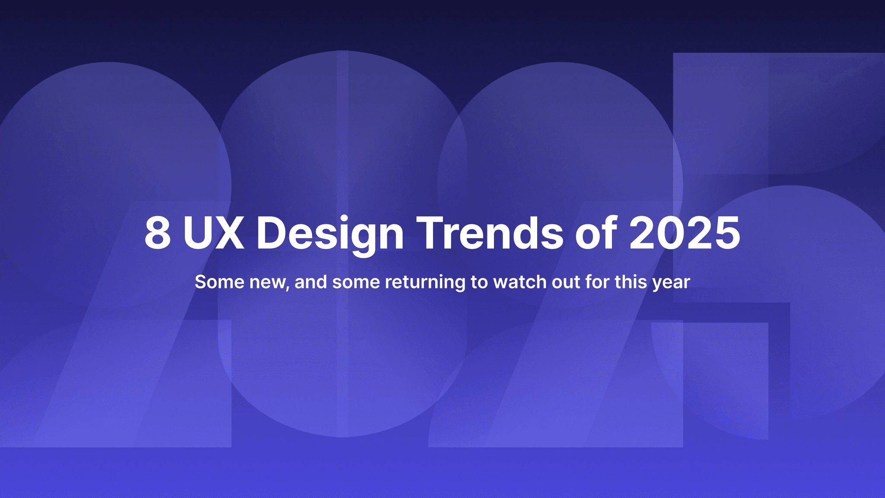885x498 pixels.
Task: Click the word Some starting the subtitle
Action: [x=220, y=282]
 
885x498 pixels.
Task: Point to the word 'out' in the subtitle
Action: [x=566, y=282]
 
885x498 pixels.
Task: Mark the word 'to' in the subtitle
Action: [x=479, y=282]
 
